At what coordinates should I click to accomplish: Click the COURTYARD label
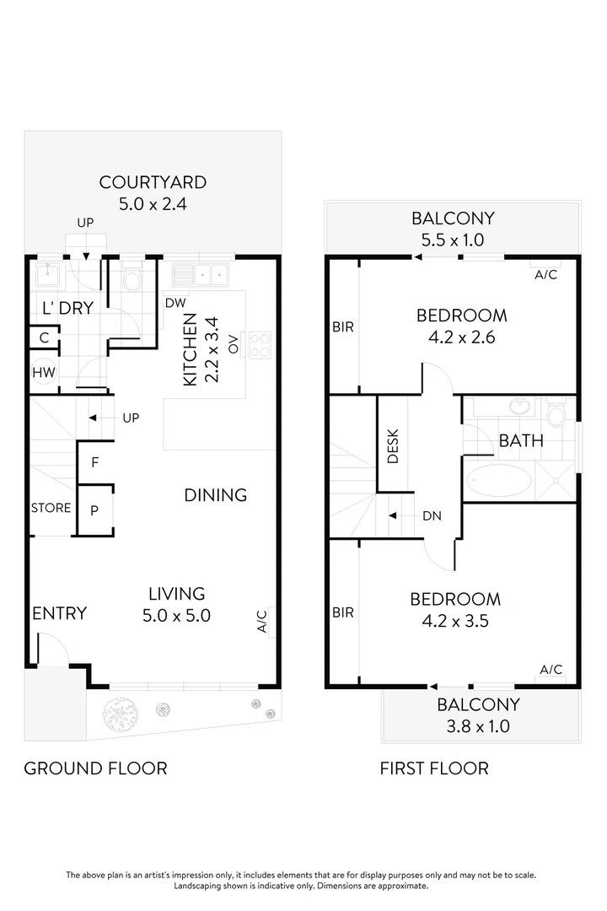tap(153, 182)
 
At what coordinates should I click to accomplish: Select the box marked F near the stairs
tap(94, 462)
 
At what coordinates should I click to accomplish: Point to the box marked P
tap(94, 509)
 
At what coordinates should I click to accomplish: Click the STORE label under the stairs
tap(51, 508)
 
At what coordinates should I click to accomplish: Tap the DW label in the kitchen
tap(175, 303)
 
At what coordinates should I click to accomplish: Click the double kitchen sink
tap(201, 274)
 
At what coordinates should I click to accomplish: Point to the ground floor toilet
tap(133, 279)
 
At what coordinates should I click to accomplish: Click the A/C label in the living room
tap(262, 622)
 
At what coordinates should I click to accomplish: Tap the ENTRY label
tap(59, 613)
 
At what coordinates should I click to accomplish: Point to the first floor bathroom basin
tap(519, 407)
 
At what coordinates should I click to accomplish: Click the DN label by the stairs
tap(431, 516)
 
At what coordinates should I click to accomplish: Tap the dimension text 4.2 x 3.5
tap(455, 622)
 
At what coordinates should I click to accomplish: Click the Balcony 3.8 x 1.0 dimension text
tap(478, 725)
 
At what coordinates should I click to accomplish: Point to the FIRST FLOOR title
tap(433, 768)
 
